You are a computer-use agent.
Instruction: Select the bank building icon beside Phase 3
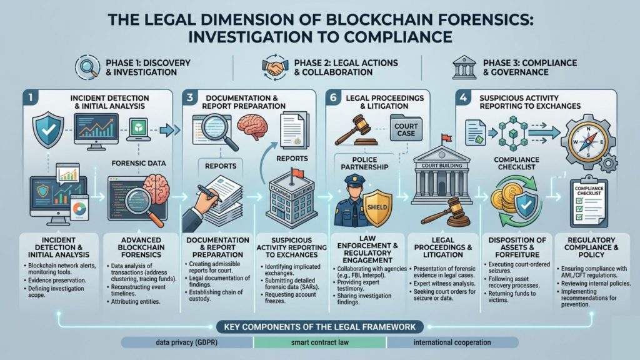pyautogui.click(x=463, y=67)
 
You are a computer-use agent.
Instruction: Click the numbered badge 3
pyautogui.click(x=191, y=99)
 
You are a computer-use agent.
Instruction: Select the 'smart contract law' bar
pyautogui.click(x=319, y=342)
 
